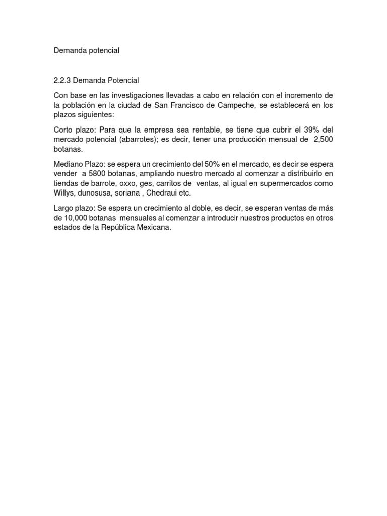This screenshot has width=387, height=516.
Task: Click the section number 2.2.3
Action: pos(62,80)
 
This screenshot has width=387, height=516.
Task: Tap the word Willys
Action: pos(64,193)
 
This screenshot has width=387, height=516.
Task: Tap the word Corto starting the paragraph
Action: pos(63,130)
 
